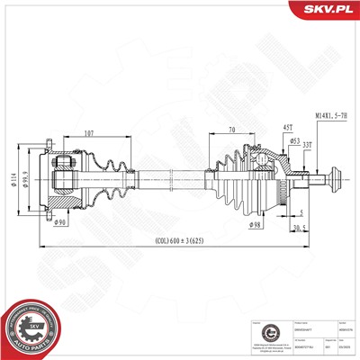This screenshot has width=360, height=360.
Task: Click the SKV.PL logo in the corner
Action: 324,10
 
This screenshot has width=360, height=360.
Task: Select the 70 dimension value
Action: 231,131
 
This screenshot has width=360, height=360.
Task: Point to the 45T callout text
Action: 264,126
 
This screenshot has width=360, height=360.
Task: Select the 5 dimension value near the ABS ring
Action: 296,212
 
